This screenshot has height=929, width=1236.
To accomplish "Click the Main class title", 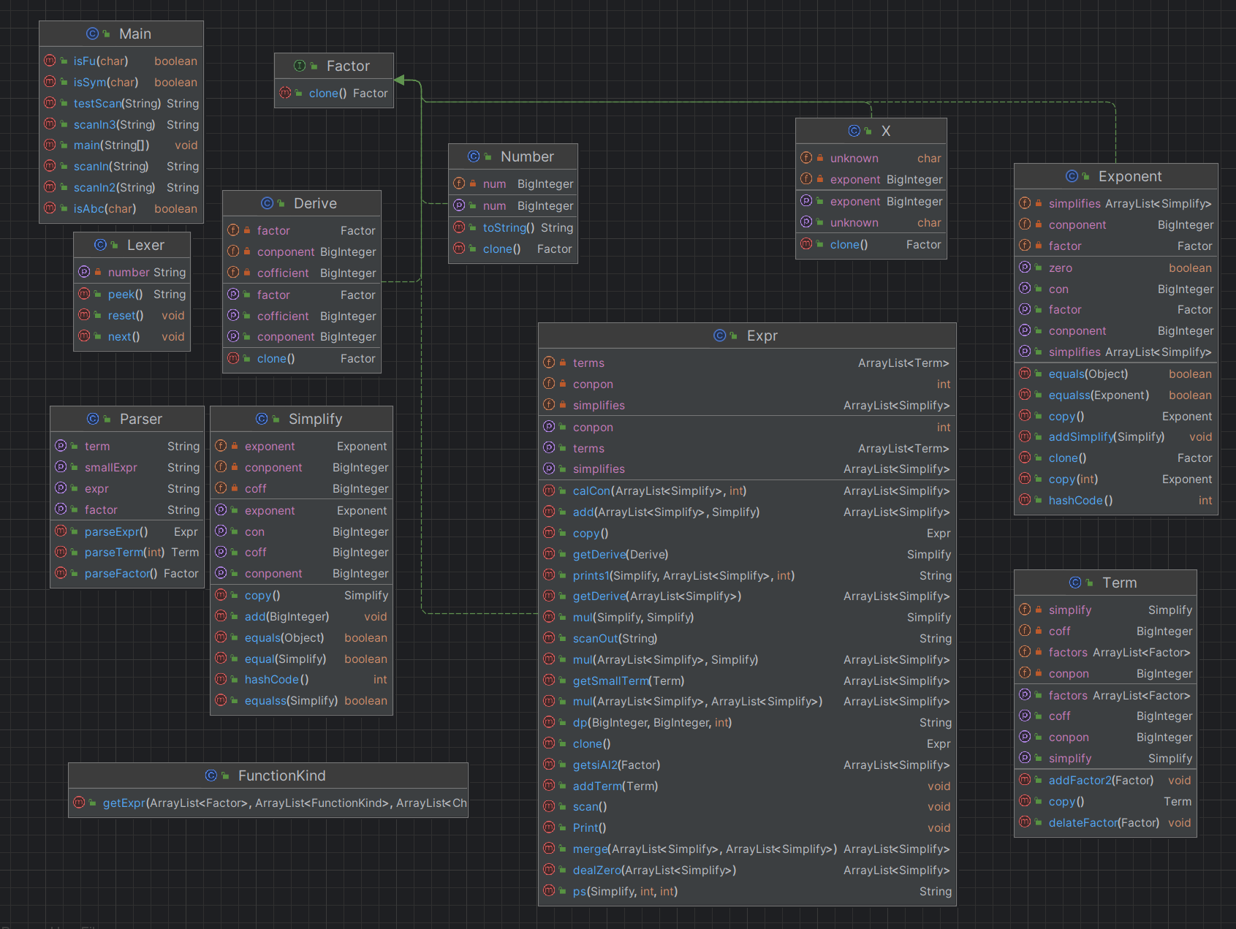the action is tap(135, 34).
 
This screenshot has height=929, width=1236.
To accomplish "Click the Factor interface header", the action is tap(348, 66).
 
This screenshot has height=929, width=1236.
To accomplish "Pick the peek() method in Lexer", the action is tap(125, 295).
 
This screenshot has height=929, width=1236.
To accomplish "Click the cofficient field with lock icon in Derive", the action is tap(283, 273).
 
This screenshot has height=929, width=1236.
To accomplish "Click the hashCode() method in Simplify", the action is tap(276, 680).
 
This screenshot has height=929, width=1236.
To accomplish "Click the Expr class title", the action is tap(762, 335).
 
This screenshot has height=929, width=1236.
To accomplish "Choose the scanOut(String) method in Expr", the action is tap(615, 639).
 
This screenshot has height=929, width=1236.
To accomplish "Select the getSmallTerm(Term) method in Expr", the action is tap(629, 681).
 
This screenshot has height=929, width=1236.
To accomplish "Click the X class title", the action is tap(886, 131).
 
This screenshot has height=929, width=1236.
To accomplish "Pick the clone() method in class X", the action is tap(849, 245).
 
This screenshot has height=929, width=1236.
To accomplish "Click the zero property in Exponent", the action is tap(1061, 268).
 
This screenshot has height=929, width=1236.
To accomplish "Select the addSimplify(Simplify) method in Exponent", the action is tap(1107, 437).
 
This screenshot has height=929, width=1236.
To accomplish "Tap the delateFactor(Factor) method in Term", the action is tap(1104, 823).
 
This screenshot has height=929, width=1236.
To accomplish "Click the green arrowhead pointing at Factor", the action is tap(399, 80).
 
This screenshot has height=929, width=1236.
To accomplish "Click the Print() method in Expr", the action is tap(589, 828).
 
